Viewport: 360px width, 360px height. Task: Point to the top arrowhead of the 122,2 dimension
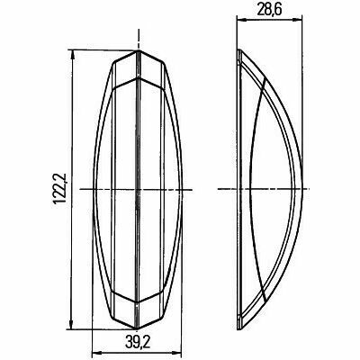click(71, 54)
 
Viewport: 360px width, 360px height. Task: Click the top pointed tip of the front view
click(138, 50)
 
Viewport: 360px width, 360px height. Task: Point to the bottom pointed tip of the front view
click(138, 328)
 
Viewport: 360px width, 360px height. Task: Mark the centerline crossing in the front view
click(138, 189)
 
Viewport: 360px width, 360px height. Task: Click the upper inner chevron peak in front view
click(138, 76)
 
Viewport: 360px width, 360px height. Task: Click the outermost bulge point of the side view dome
click(301, 189)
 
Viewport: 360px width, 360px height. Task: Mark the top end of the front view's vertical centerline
click(138, 31)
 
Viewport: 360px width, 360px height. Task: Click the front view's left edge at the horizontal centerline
click(94, 189)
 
